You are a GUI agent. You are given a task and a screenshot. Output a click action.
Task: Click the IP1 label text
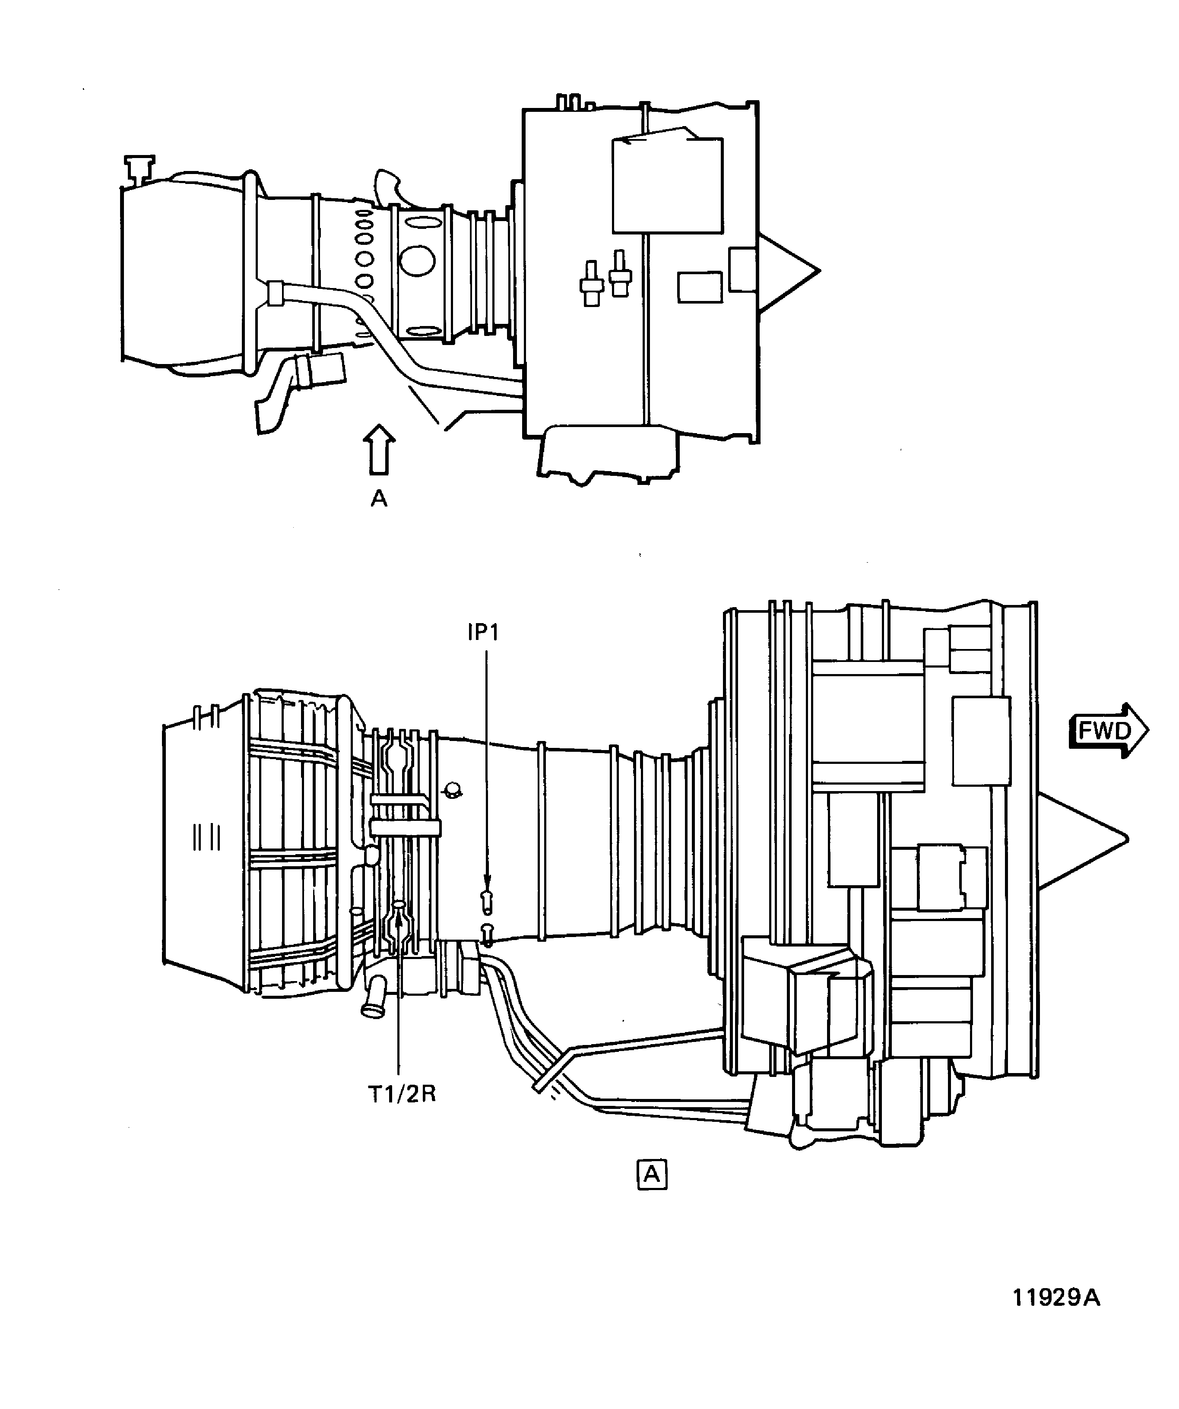pos(483,633)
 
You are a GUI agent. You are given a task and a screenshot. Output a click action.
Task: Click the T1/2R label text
pos(403,1094)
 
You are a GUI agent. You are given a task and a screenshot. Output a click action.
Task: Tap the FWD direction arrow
pos(1108,731)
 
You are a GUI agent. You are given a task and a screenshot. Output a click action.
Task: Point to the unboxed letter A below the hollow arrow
pos(379,498)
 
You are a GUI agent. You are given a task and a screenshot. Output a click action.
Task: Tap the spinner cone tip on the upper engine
pos(819,271)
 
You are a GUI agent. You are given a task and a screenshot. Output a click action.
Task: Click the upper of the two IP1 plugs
pos(486,902)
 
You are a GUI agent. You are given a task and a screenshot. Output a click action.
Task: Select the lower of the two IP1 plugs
pos(487,935)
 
